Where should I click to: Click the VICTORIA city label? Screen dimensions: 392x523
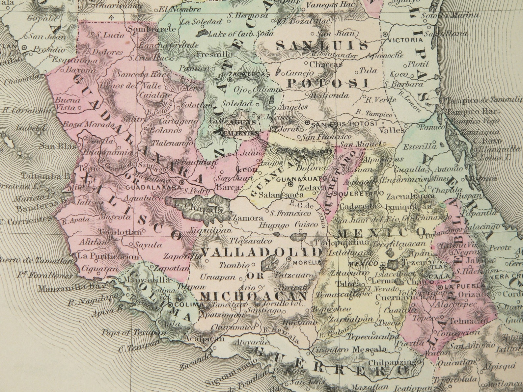(405, 40)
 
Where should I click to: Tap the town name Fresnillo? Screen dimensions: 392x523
(215, 54)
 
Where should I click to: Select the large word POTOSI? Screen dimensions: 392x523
(327, 83)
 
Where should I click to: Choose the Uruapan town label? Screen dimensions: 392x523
(218, 277)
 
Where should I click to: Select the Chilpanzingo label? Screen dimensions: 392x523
(396, 362)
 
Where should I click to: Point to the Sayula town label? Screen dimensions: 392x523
(148, 245)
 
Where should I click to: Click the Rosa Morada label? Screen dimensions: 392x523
(89, 125)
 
